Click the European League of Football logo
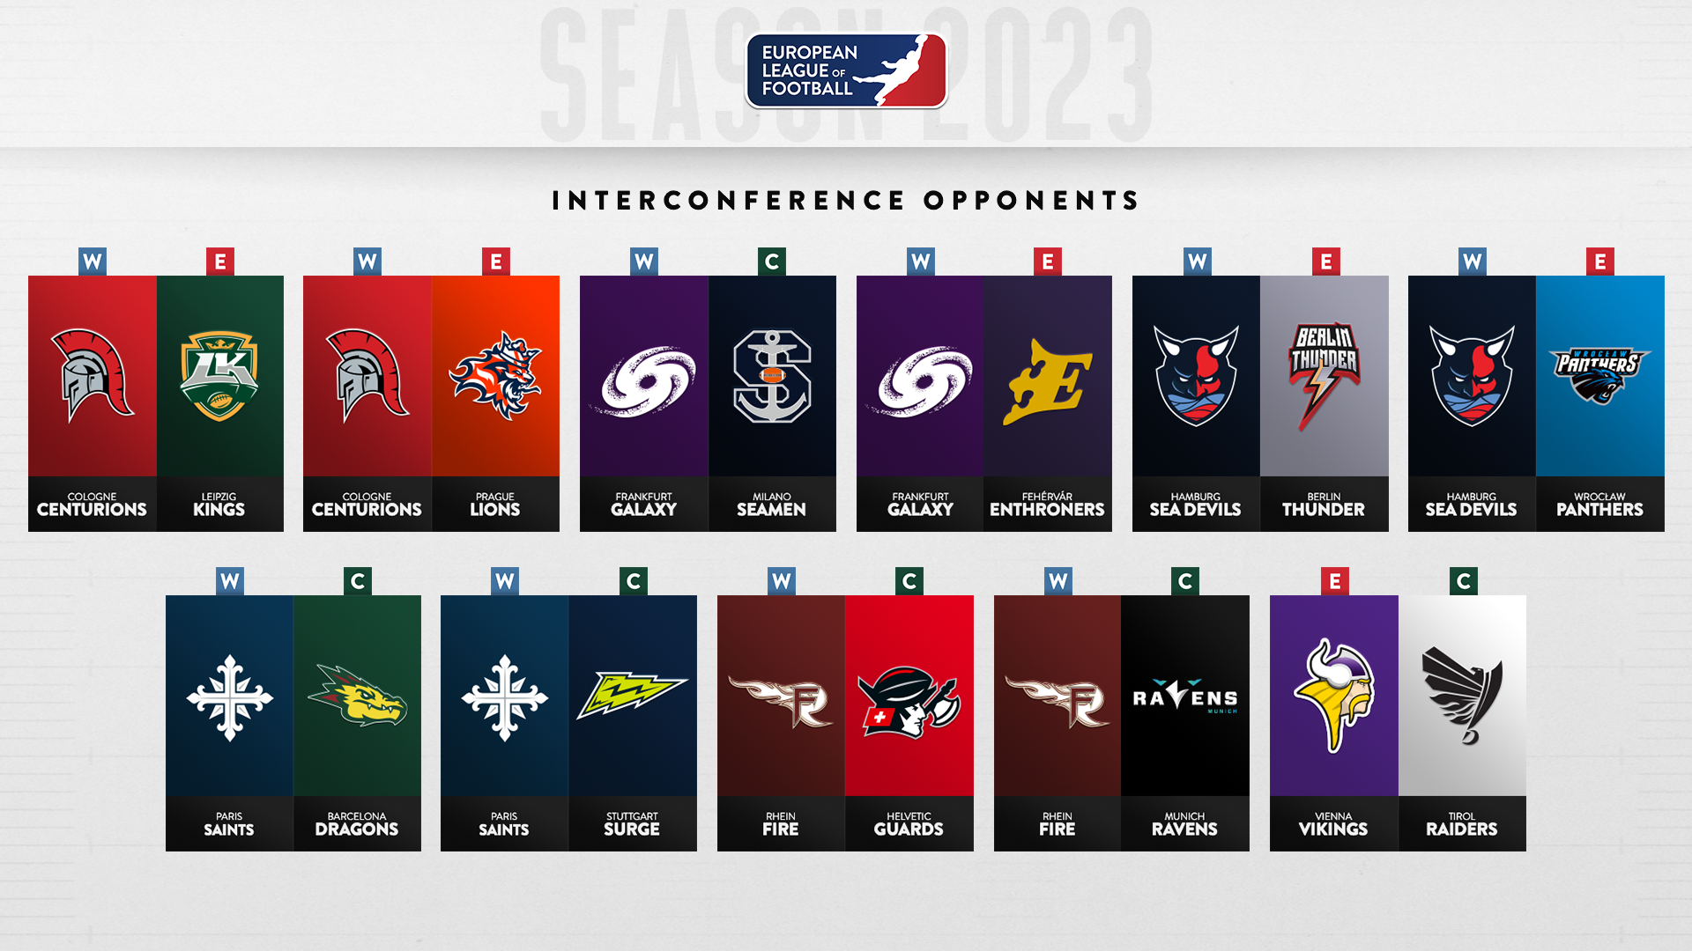[846, 70]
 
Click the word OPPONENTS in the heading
[1032, 201]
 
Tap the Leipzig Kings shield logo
[219, 376]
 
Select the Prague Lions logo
[495, 375]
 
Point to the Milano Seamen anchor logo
[772, 376]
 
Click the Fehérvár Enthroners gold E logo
[1047, 381]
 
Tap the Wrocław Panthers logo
[1599, 375]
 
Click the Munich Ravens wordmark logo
[1185, 697]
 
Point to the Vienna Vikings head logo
[1333, 696]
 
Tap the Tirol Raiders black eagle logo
[1462, 695]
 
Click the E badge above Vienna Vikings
[1334, 581]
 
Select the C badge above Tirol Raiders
[1463, 581]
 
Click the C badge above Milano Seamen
[772, 262]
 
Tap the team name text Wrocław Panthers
[1599, 505]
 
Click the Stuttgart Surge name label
[632, 824]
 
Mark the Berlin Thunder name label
[1324, 505]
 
